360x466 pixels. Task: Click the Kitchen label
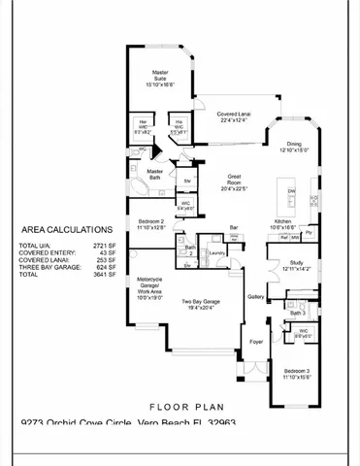coord(283,223)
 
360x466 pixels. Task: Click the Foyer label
coord(255,342)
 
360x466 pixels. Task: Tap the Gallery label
coord(256,296)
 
